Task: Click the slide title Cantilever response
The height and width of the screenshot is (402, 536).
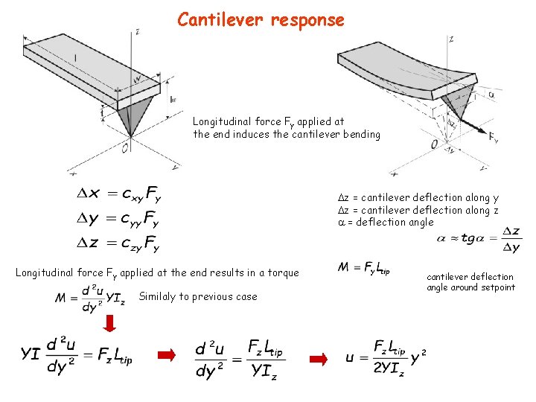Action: pos(261,20)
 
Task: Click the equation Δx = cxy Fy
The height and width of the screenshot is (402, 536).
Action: pos(118,194)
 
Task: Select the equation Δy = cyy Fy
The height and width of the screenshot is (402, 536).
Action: pos(118,218)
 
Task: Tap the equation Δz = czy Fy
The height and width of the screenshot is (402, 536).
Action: pos(118,242)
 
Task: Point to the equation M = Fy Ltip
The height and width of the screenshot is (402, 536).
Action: pos(363,267)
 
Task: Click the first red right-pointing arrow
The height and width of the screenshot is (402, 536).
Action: pos(169,359)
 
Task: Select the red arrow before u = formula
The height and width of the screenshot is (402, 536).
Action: pos(318,360)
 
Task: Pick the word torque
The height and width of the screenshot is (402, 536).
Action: pos(281,273)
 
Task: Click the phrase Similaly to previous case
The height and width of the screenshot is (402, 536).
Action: pos(198,297)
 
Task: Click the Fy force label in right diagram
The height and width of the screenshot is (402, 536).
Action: pos(493,138)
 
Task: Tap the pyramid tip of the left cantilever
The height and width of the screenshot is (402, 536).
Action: pos(131,135)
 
